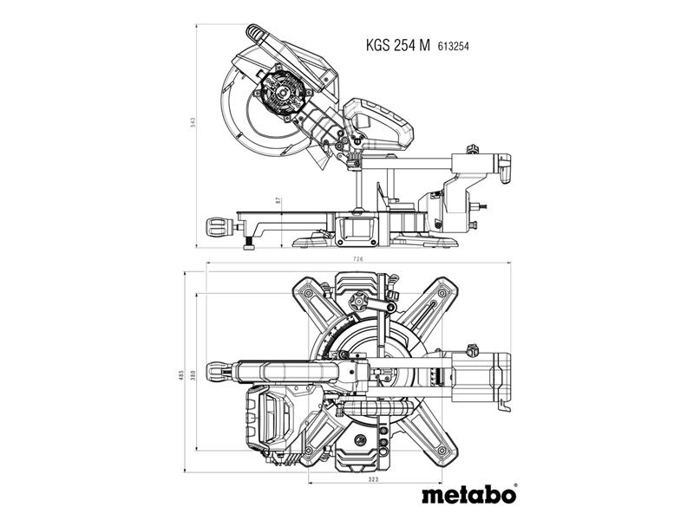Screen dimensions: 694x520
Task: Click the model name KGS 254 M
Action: (x=397, y=45)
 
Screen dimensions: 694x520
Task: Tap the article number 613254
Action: (x=453, y=46)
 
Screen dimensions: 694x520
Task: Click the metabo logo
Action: (x=468, y=494)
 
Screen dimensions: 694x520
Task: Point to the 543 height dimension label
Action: (x=193, y=122)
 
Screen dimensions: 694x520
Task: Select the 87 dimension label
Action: (x=278, y=200)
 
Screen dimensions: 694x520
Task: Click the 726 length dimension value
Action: (x=358, y=258)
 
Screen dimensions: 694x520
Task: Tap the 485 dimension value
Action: (x=180, y=376)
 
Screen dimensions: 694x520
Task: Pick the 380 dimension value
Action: (x=192, y=376)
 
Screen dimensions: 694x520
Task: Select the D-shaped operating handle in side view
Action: (x=379, y=123)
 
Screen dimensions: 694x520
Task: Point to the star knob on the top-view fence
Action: (x=358, y=302)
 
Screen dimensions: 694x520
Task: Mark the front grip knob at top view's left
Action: (x=219, y=371)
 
